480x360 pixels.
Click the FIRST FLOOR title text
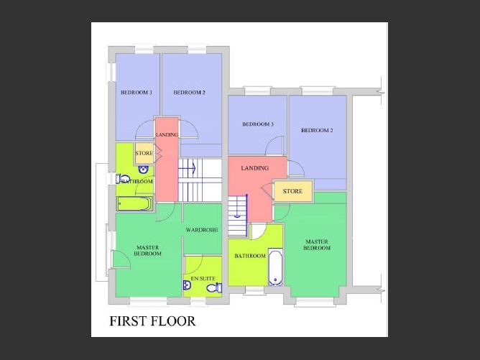(x=152, y=321)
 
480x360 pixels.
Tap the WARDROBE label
(x=202, y=230)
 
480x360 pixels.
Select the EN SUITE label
(x=203, y=279)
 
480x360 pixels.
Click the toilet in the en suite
(x=215, y=287)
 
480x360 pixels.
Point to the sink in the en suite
(x=187, y=285)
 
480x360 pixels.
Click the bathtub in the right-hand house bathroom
(x=275, y=268)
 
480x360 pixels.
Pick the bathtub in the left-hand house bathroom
(x=134, y=203)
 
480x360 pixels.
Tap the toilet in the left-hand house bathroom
(x=123, y=179)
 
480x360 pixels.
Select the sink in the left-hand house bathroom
(x=143, y=169)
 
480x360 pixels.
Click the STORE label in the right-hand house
(x=292, y=191)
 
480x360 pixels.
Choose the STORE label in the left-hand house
(x=144, y=153)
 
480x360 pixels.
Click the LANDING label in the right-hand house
(x=254, y=168)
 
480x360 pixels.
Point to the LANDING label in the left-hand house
(x=167, y=134)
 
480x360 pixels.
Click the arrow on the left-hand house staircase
(x=194, y=168)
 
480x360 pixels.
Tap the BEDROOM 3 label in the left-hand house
(x=137, y=93)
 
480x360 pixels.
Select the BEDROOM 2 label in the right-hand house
(x=317, y=130)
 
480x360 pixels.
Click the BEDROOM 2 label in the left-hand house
(x=189, y=93)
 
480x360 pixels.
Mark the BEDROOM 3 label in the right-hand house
(x=258, y=124)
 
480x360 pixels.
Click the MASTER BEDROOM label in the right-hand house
(x=317, y=245)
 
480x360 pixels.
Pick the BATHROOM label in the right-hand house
(x=250, y=256)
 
